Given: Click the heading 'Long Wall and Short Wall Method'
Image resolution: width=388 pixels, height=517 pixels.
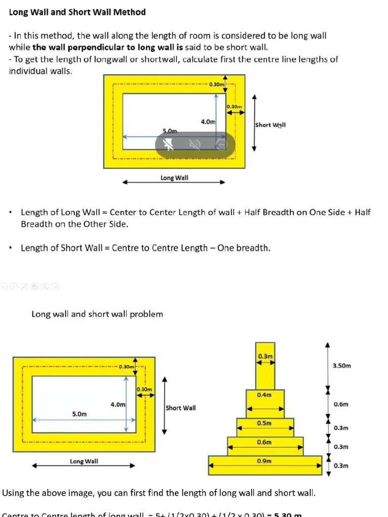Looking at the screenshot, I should click(77, 12).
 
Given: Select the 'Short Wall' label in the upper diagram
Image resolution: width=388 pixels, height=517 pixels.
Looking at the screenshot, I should click(270, 125).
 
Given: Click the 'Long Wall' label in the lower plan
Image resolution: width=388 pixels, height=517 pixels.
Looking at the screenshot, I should click(84, 461).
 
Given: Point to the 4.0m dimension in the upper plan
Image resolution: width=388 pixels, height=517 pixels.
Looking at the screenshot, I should click(208, 122).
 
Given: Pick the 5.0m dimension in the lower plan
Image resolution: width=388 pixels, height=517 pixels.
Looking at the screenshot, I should click(79, 414).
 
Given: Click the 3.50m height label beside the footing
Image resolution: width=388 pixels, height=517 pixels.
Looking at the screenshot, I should click(342, 366).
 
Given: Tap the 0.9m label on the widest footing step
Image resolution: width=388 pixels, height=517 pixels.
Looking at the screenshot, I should click(264, 461).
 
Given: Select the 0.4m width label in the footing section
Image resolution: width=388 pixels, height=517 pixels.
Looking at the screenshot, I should click(264, 395).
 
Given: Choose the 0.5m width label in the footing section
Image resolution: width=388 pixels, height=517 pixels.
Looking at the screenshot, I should click(264, 423).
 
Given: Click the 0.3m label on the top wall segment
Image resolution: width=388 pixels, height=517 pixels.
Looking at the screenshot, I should click(265, 356).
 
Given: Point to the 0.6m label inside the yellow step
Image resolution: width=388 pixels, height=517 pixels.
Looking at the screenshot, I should click(264, 442).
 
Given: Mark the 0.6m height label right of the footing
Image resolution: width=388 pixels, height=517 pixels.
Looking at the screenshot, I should click(341, 404).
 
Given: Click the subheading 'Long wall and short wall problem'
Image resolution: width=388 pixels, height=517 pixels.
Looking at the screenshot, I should click(97, 314).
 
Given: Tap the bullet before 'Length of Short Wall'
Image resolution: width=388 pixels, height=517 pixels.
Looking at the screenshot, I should click(11, 248).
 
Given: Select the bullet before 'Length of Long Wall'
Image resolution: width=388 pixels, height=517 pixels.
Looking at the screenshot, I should click(11, 213).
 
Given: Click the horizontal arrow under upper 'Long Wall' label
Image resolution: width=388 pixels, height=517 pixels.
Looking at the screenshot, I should click(174, 183).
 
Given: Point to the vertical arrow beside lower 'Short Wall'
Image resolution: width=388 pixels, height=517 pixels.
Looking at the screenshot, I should click(164, 405).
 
